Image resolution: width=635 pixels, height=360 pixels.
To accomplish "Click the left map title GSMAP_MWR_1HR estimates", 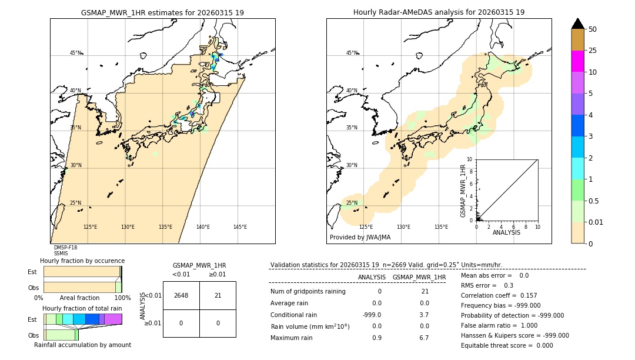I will click(162, 12).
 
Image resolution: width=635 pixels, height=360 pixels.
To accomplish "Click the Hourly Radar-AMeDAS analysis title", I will click(439, 12).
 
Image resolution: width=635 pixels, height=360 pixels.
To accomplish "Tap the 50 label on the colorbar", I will click(593, 29).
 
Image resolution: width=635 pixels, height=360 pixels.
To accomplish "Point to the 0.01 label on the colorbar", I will click(596, 222).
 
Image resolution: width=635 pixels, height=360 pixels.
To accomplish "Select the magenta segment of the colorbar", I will click(577, 61).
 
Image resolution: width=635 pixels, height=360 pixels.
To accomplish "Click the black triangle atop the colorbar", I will click(577, 24).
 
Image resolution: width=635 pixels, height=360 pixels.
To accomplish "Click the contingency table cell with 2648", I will click(181, 295).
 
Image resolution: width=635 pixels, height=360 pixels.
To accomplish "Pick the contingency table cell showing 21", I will click(218, 295).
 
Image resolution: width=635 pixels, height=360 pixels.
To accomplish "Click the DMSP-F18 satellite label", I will click(65, 248).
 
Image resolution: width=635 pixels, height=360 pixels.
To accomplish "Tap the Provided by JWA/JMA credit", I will click(360, 237).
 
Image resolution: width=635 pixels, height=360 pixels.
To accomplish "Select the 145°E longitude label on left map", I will click(240, 227).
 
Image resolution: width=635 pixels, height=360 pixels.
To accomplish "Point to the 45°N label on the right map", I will click(352, 53).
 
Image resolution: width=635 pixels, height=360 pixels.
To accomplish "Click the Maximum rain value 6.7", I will click(423, 338).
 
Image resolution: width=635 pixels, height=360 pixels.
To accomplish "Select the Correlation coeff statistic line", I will click(499, 295).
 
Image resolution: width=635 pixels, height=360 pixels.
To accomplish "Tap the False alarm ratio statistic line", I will click(499, 325).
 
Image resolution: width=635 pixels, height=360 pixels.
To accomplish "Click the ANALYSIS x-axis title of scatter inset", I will click(506, 232).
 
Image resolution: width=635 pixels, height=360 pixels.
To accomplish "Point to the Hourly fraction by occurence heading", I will click(82, 261).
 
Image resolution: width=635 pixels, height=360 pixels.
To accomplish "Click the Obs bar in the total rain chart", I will click(61, 335).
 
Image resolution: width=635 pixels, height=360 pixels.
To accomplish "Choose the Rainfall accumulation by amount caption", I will click(82, 345).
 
